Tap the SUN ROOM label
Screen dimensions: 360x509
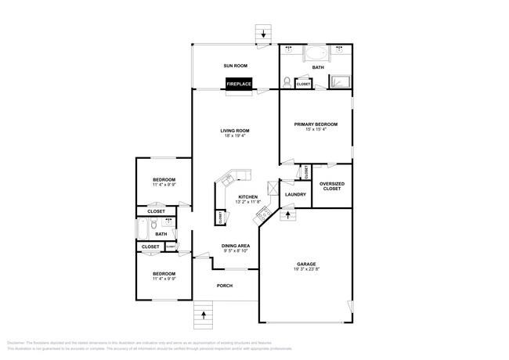pyautogui.click(x=236, y=67)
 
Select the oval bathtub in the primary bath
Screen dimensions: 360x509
pyautogui.click(x=317, y=55)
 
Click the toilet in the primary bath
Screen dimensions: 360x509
pyautogui.click(x=288, y=81)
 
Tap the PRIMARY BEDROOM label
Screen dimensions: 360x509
pyautogui.click(x=316, y=124)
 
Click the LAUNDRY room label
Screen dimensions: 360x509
pyautogui.click(x=295, y=194)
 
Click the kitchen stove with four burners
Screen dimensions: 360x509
pyautogui.click(x=265, y=215)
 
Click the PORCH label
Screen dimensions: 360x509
pyautogui.click(x=225, y=286)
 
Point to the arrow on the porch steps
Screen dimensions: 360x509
pyautogui.click(x=204, y=315)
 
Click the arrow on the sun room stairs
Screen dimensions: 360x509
pyautogui.click(x=262, y=34)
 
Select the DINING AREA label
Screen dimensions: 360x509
pyautogui.click(x=235, y=246)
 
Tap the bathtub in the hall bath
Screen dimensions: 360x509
pyautogui.click(x=144, y=229)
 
